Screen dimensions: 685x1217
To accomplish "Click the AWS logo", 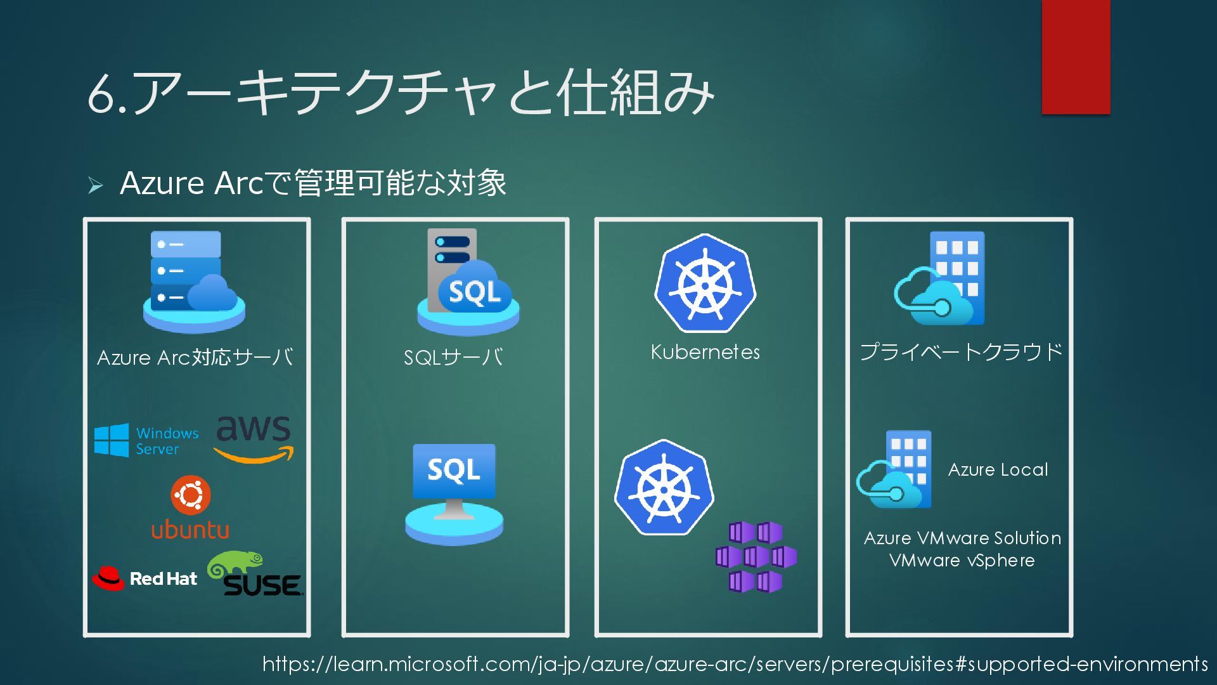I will [x=254, y=438].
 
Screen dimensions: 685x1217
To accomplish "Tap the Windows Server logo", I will [x=146, y=440].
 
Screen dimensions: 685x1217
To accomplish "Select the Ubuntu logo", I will [x=190, y=507].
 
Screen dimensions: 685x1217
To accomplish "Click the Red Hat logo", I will [x=145, y=578].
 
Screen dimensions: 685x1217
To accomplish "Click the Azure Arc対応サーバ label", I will [x=195, y=358].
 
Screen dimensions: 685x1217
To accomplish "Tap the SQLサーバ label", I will [x=454, y=358].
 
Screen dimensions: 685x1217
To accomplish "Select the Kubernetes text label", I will [x=705, y=353].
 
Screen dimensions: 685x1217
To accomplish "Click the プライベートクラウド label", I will [x=961, y=352].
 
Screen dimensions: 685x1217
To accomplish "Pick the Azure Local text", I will [x=998, y=470].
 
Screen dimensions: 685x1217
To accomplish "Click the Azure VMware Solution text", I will [x=962, y=538].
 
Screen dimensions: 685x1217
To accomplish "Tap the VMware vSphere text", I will [x=962, y=561].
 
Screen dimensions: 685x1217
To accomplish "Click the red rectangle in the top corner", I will [x=1076, y=57].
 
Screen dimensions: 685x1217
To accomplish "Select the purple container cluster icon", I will [x=756, y=557].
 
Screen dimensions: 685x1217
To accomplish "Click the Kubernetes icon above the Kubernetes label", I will [x=705, y=284].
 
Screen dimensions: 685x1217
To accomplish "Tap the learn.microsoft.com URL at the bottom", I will [x=735, y=664].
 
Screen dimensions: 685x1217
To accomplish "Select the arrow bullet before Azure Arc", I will [x=95, y=185].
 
